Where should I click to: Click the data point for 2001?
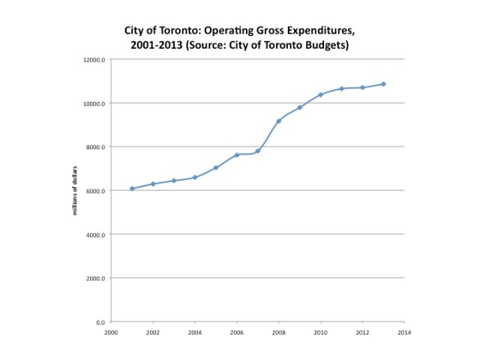pos(132,189)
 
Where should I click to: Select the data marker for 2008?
pos(279,121)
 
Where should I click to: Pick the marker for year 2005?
pos(216,167)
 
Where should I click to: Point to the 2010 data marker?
pos(320,94)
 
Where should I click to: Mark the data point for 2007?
pos(258,151)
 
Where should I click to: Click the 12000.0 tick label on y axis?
pos(96,59)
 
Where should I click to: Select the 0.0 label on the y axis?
pos(101,322)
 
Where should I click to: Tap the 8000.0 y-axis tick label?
pos(97,147)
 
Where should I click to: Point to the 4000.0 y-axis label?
pos(97,235)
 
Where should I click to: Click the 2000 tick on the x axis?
pos(111,331)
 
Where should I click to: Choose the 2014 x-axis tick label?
pos(404,331)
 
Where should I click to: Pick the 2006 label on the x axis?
pos(237,331)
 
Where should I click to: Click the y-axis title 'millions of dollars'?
pos(75,190)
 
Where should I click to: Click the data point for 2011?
pos(341,88)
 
